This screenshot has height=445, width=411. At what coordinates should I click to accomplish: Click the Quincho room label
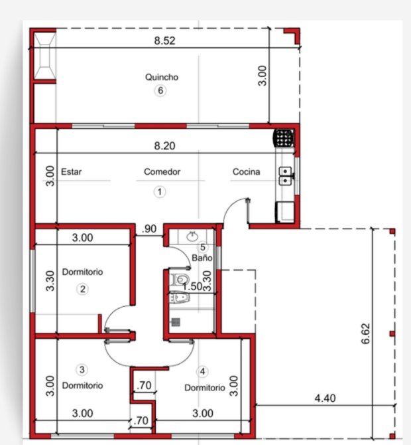[x=162, y=77]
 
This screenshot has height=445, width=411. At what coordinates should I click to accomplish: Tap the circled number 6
[x=160, y=90]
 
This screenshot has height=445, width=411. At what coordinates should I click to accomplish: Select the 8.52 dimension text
[x=164, y=41]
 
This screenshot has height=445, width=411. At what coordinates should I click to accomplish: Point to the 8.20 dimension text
[x=164, y=145]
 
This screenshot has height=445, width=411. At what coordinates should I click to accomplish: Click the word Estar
[x=72, y=172]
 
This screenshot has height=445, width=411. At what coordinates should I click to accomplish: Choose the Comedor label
[x=162, y=172]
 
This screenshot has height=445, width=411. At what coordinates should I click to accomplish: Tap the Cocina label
[x=246, y=172]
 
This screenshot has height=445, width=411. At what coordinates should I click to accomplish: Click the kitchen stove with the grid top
[x=283, y=138]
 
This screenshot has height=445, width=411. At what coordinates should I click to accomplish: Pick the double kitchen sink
[x=286, y=176]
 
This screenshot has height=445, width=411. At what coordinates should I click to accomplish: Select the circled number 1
[x=160, y=192]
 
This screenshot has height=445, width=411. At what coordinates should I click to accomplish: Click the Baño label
[x=202, y=258]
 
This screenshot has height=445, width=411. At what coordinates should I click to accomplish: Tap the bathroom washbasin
[x=193, y=236]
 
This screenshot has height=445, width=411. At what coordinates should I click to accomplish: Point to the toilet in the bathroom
[x=180, y=280]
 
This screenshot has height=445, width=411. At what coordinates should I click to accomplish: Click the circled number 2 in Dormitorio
[x=82, y=289]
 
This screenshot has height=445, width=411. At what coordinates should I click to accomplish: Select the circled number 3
[x=82, y=370]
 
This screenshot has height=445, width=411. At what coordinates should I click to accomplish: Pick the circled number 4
[x=202, y=371]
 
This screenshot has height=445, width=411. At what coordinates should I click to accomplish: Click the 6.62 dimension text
[x=366, y=333]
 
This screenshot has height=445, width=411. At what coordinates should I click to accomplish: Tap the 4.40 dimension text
[x=325, y=398]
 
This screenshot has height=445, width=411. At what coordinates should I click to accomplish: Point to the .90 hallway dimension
[x=149, y=228]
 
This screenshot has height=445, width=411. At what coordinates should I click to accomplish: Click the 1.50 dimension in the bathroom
[x=192, y=286]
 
